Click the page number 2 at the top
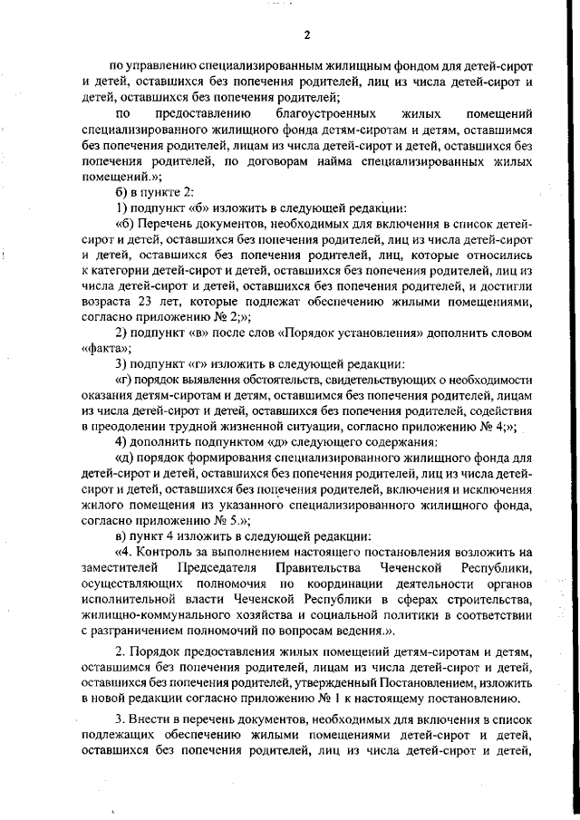click(x=306, y=35)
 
